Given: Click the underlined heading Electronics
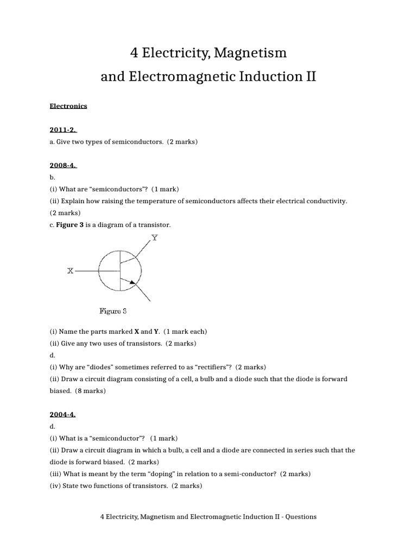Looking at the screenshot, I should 68,106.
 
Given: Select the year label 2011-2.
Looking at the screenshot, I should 64,130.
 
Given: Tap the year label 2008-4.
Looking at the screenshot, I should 64,165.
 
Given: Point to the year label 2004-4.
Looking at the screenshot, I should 62,415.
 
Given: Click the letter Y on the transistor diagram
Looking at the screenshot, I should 155,238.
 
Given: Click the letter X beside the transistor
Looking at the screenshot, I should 70,270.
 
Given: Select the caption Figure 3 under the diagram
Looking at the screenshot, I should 113,312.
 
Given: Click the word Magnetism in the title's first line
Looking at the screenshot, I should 251,53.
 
